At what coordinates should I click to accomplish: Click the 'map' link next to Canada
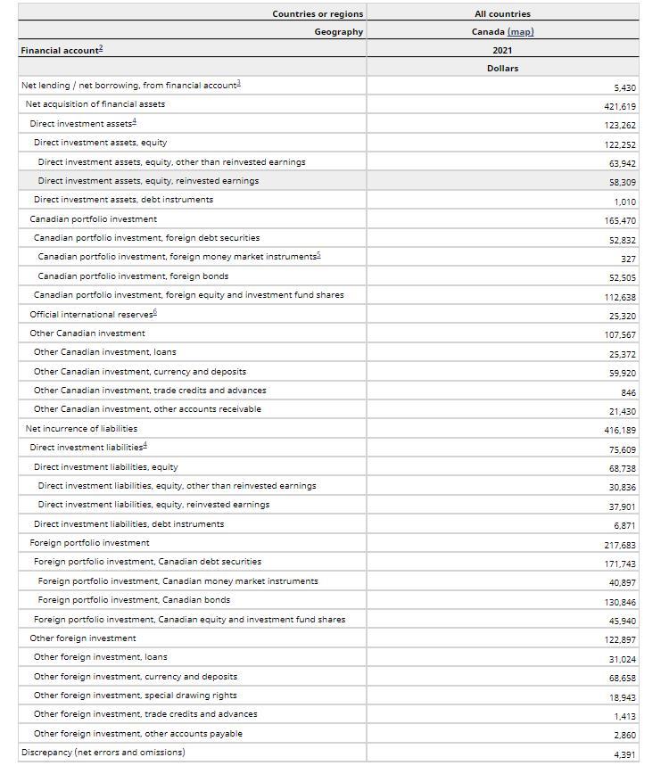pyautogui.click(x=520, y=32)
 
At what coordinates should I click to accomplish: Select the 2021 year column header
pyautogui.click(x=502, y=50)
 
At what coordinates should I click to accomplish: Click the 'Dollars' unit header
pyautogui.click(x=502, y=68)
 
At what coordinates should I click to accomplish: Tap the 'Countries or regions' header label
pyautogui.click(x=318, y=14)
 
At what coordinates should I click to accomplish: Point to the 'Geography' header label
pyautogui.click(x=338, y=32)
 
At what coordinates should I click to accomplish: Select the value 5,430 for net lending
pyautogui.click(x=624, y=87)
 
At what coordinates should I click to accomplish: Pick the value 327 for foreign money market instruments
pyautogui.click(x=628, y=259)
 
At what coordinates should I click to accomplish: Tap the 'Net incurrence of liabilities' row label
pyautogui.click(x=81, y=428)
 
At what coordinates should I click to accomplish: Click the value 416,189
pyautogui.click(x=620, y=430)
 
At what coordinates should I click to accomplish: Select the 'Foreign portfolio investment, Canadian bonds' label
pyautogui.click(x=134, y=600)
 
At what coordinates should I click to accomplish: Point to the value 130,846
pyautogui.click(x=620, y=602)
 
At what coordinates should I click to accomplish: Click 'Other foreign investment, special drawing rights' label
pyautogui.click(x=136, y=695)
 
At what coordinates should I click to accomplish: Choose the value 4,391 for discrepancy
pyautogui.click(x=624, y=754)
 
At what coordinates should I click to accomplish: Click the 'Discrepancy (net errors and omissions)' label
pyautogui.click(x=103, y=752)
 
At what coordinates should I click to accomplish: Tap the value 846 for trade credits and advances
pyautogui.click(x=628, y=392)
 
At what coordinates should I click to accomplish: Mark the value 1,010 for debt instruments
pyautogui.click(x=624, y=202)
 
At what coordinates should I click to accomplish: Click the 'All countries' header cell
pyautogui.click(x=502, y=14)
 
